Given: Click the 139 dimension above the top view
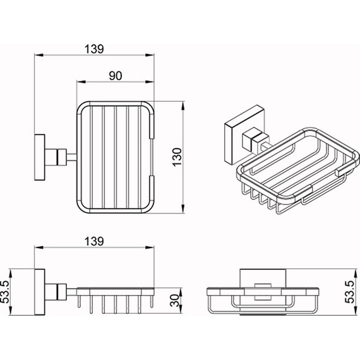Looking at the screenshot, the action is click(x=94, y=49).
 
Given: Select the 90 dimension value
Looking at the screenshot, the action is click(x=115, y=76).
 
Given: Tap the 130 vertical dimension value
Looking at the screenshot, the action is click(x=177, y=157).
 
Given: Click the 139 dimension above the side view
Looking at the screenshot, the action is click(x=94, y=241).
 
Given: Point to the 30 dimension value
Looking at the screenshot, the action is click(x=175, y=301).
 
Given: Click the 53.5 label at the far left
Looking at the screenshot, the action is click(x=5, y=292).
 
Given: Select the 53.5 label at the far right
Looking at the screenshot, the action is click(x=350, y=292).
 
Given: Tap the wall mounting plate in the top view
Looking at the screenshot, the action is click(x=40, y=157).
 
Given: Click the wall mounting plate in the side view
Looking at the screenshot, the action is click(x=40, y=292).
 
